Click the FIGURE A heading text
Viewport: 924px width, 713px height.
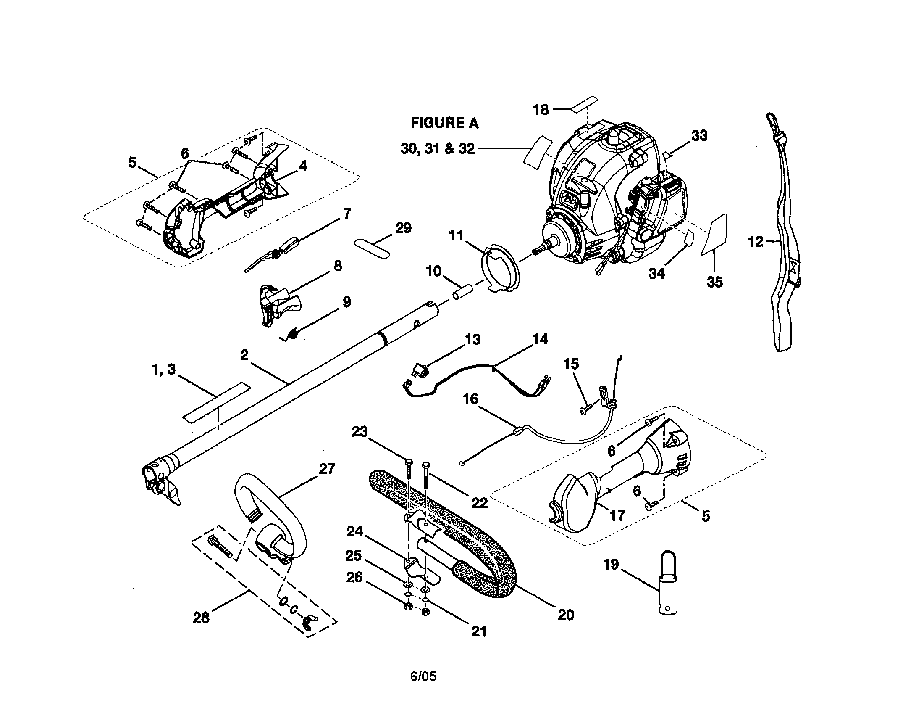(x=444, y=123)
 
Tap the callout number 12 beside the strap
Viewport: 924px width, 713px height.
(x=755, y=242)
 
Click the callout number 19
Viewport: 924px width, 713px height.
(x=611, y=564)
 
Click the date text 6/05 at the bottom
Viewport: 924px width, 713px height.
(x=423, y=676)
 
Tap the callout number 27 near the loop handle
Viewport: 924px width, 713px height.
(x=327, y=469)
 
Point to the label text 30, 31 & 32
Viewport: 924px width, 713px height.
(x=438, y=149)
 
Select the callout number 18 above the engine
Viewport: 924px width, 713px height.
(x=541, y=110)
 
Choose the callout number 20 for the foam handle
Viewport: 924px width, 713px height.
(x=566, y=614)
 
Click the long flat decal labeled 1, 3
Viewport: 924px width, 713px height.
(x=216, y=402)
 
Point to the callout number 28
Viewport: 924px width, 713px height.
(x=201, y=617)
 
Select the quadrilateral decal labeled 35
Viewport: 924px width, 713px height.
(x=715, y=235)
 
